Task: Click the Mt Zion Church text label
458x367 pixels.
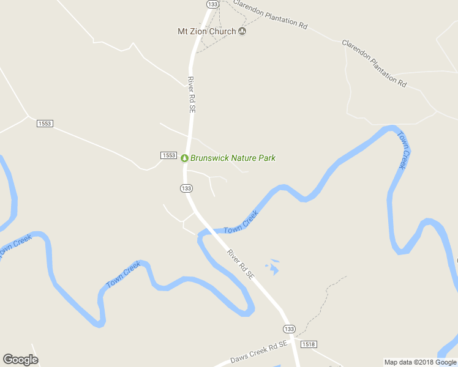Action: click(206, 31)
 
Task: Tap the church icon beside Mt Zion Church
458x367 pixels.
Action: click(242, 31)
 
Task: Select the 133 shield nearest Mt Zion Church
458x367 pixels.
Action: click(212, 4)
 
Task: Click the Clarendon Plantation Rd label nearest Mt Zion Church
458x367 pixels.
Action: click(270, 14)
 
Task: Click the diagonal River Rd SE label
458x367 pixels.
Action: click(240, 264)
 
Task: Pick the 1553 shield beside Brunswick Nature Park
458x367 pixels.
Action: click(169, 155)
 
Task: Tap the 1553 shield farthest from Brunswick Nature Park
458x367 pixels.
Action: click(45, 124)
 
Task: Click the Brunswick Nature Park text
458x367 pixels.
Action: click(233, 158)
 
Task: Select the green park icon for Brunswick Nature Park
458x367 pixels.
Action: click(184, 158)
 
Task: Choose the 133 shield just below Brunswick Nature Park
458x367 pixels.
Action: click(187, 188)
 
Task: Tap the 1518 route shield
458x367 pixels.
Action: click(309, 344)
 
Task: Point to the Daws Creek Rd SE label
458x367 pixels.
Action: click(258, 354)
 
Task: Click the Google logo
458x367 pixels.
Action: click(20, 360)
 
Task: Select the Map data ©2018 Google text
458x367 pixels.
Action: click(420, 362)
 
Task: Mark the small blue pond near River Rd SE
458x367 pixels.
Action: click(273, 267)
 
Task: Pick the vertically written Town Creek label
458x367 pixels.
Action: click(402, 150)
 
